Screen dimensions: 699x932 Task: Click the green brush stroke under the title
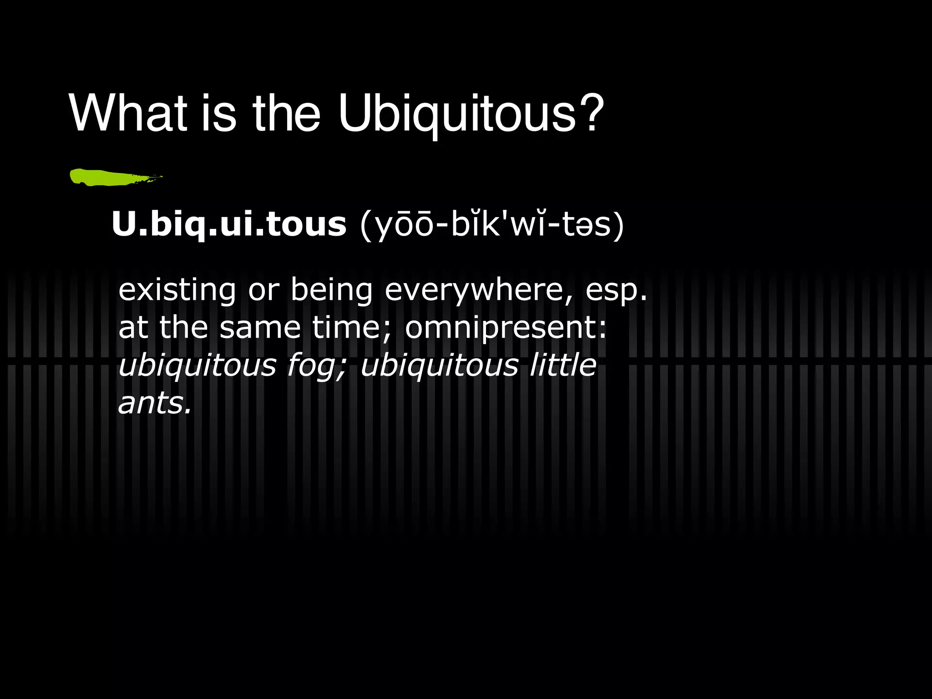click(114, 177)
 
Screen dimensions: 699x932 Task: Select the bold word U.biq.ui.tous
click(229, 224)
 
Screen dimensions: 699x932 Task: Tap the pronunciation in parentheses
click(492, 224)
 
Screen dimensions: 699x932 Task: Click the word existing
click(177, 290)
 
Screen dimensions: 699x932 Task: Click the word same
click(260, 328)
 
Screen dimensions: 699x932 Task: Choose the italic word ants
click(154, 403)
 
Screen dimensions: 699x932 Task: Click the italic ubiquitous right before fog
click(197, 366)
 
